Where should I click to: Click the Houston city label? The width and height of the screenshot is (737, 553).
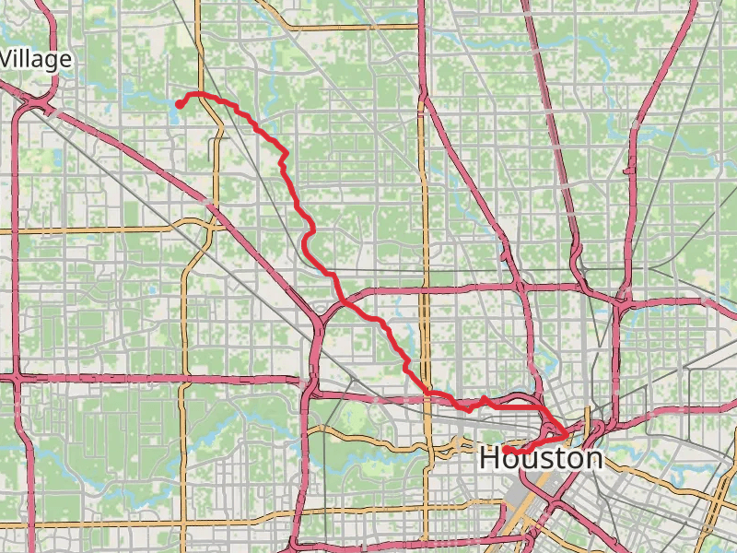pos(541,458)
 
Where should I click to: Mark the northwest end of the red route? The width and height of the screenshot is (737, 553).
pos(179,103)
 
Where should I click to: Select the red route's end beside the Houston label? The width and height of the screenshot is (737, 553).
pos(506,449)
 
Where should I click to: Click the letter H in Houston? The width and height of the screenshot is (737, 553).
pos(491,458)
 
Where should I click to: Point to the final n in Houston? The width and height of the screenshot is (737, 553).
pos(591,458)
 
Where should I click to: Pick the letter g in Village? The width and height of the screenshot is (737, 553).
pos(53,63)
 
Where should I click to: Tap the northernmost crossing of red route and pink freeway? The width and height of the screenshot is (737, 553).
pos(343,300)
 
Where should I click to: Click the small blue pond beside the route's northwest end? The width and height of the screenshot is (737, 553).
pos(175,104)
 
